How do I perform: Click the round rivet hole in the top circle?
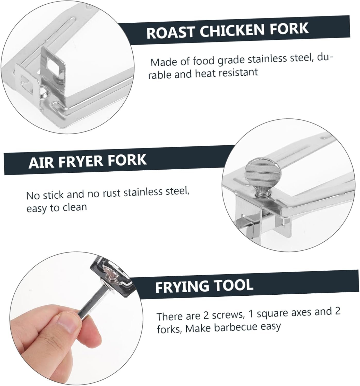(x=44, y=90)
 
